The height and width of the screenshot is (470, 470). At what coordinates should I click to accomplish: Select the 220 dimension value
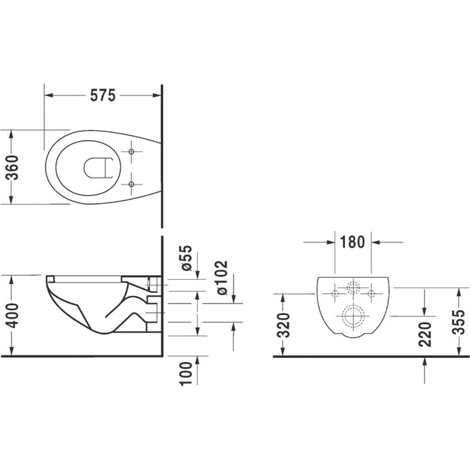(425, 333)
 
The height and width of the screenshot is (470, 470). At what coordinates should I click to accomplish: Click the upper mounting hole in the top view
(131, 150)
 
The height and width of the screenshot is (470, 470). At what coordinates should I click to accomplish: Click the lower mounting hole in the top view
(131, 183)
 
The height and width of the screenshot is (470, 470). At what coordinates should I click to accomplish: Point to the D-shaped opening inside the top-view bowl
(97, 167)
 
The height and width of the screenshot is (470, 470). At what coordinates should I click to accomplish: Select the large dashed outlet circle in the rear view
(353, 316)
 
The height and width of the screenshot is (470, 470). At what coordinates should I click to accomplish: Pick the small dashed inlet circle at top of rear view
(353, 288)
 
